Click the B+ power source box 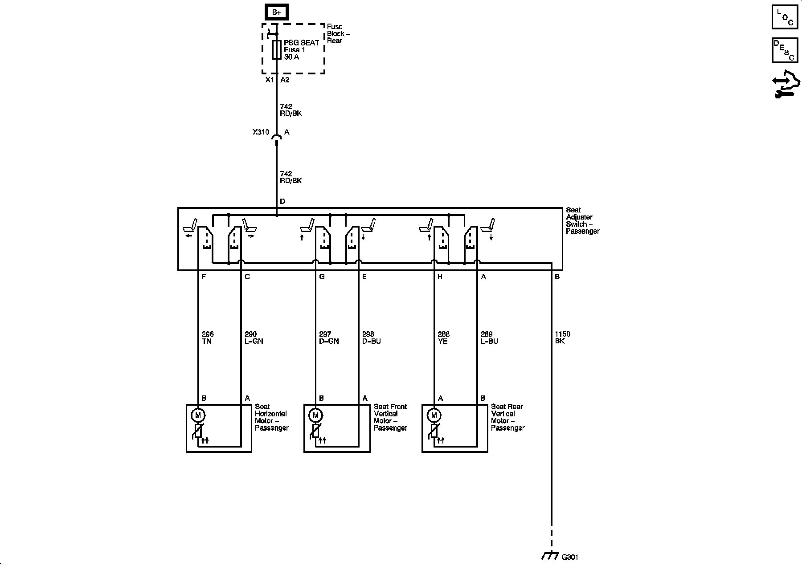[276, 12]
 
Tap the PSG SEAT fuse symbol [277, 50]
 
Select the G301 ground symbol [551, 556]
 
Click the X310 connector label [261, 132]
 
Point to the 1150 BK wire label [562, 338]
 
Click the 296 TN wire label [208, 338]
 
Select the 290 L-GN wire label [254, 338]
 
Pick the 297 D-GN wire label [329, 338]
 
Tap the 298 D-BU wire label [372, 338]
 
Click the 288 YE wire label [443, 338]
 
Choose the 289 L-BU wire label [489, 338]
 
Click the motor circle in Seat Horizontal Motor [198, 415]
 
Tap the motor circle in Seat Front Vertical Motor [315, 415]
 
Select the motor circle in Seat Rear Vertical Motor [434, 415]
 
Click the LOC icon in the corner [785, 17]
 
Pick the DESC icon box [785, 50]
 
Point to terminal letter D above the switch [282, 202]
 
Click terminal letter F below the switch [204, 277]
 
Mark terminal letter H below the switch [440, 277]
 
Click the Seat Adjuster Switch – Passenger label [582, 220]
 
